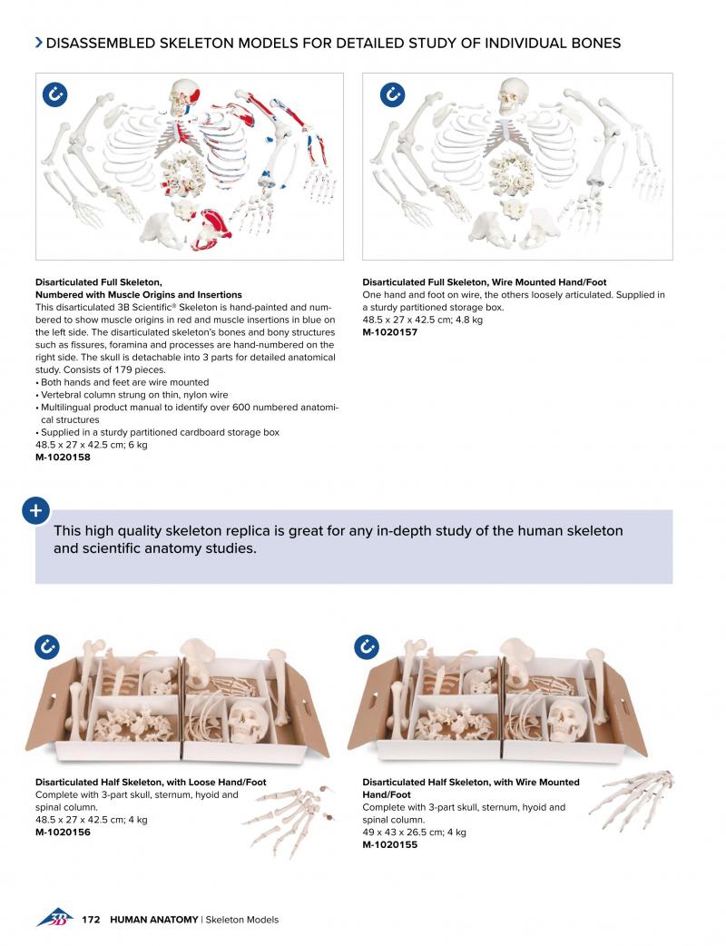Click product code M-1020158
63,458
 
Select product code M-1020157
389,332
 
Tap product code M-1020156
63,833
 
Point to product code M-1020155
389,845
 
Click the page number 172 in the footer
90,920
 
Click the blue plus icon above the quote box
35,510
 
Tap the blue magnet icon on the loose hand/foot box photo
46,647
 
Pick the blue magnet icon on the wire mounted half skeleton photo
368,647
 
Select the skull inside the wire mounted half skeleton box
567,722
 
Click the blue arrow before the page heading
38,43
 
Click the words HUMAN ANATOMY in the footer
153,920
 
